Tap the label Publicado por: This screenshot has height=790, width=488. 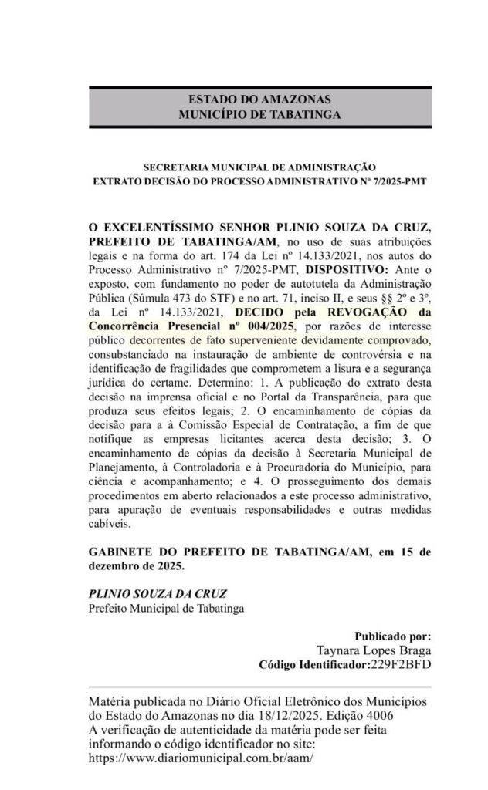(392, 637)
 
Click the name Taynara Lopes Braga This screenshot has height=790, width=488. (374, 650)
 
